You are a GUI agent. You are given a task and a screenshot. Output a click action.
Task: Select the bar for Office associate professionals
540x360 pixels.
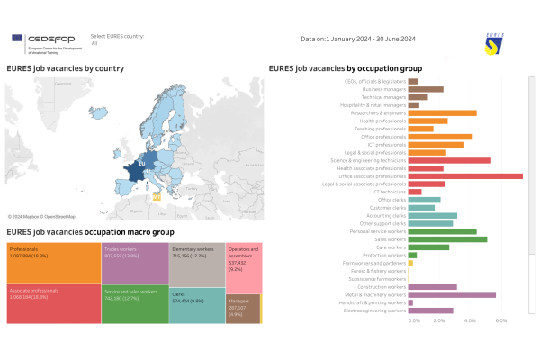click(x=464, y=175)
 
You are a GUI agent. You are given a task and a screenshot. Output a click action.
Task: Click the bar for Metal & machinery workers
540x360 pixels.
click(x=451, y=294)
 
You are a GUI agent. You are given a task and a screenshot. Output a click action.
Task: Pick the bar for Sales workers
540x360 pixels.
click(x=446, y=238)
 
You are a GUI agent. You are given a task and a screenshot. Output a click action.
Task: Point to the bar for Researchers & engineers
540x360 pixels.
click(x=442, y=112)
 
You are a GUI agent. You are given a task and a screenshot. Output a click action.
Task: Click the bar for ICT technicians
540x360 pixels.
click(x=414, y=192)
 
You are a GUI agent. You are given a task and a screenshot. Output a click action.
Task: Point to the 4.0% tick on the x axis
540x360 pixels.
click(x=470, y=320)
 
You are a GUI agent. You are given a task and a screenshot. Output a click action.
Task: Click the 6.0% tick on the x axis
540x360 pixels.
click(x=501, y=320)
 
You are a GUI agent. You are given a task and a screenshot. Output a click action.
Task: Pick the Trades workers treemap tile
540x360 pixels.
click(x=133, y=261)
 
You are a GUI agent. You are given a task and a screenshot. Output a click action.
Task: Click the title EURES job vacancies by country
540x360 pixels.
click(x=65, y=68)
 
